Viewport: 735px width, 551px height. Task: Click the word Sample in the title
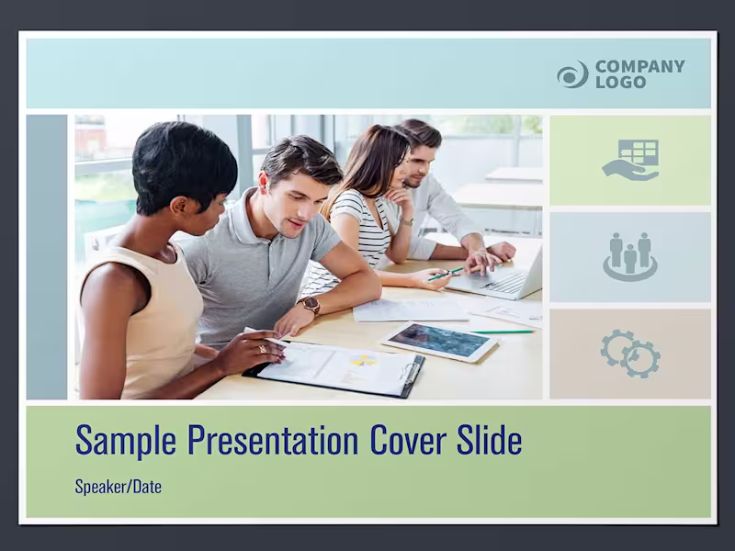click(127, 441)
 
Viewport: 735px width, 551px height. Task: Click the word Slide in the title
click(490, 441)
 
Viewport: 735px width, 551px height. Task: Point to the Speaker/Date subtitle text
click(118, 487)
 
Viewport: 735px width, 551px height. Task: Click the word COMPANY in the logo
click(639, 66)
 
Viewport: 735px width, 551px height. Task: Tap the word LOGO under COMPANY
click(620, 82)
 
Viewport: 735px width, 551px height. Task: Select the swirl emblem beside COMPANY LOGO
click(572, 74)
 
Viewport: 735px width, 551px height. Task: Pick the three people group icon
click(630, 256)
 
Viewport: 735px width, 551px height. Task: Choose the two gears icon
click(630, 353)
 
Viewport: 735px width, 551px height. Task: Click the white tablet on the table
click(439, 342)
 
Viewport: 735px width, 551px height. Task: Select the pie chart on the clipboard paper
click(364, 360)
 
